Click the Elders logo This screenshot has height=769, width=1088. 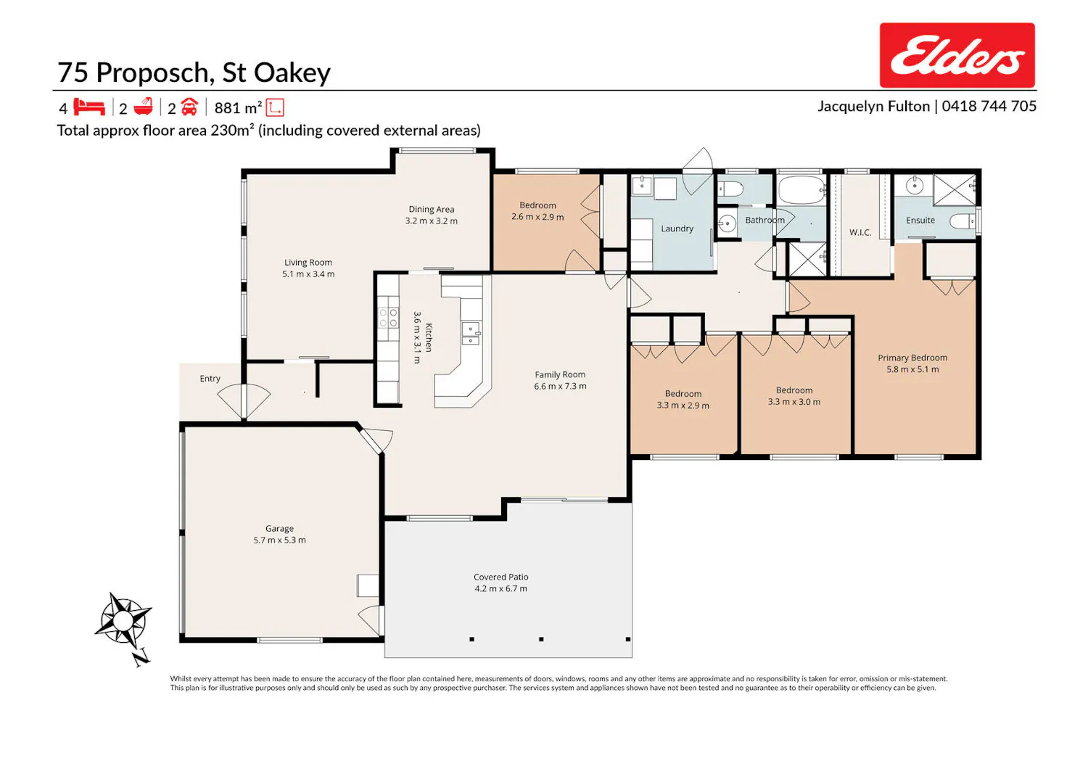click(957, 55)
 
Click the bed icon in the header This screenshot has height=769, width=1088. click(89, 107)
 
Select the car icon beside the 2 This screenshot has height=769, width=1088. click(189, 107)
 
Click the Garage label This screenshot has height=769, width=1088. click(279, 528)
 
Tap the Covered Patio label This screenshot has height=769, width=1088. click(500, 577)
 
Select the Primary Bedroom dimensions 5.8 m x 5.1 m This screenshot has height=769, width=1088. click(912, 369)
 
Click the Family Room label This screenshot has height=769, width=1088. click(560, 374)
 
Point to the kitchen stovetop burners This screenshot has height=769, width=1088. click(388, 318)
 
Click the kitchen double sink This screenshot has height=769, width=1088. click(470, 333)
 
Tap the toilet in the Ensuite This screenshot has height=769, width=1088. click(963, 221)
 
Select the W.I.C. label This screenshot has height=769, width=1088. click(860, 232)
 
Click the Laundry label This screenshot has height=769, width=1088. click(677, 229)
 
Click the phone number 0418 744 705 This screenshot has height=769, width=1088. click(989, 106)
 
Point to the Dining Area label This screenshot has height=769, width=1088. click(432, 210)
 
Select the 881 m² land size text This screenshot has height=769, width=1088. click(238, 107)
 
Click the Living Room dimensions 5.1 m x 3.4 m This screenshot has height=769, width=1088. click(308, 274)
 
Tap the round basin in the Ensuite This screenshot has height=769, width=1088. click(915, 185)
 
